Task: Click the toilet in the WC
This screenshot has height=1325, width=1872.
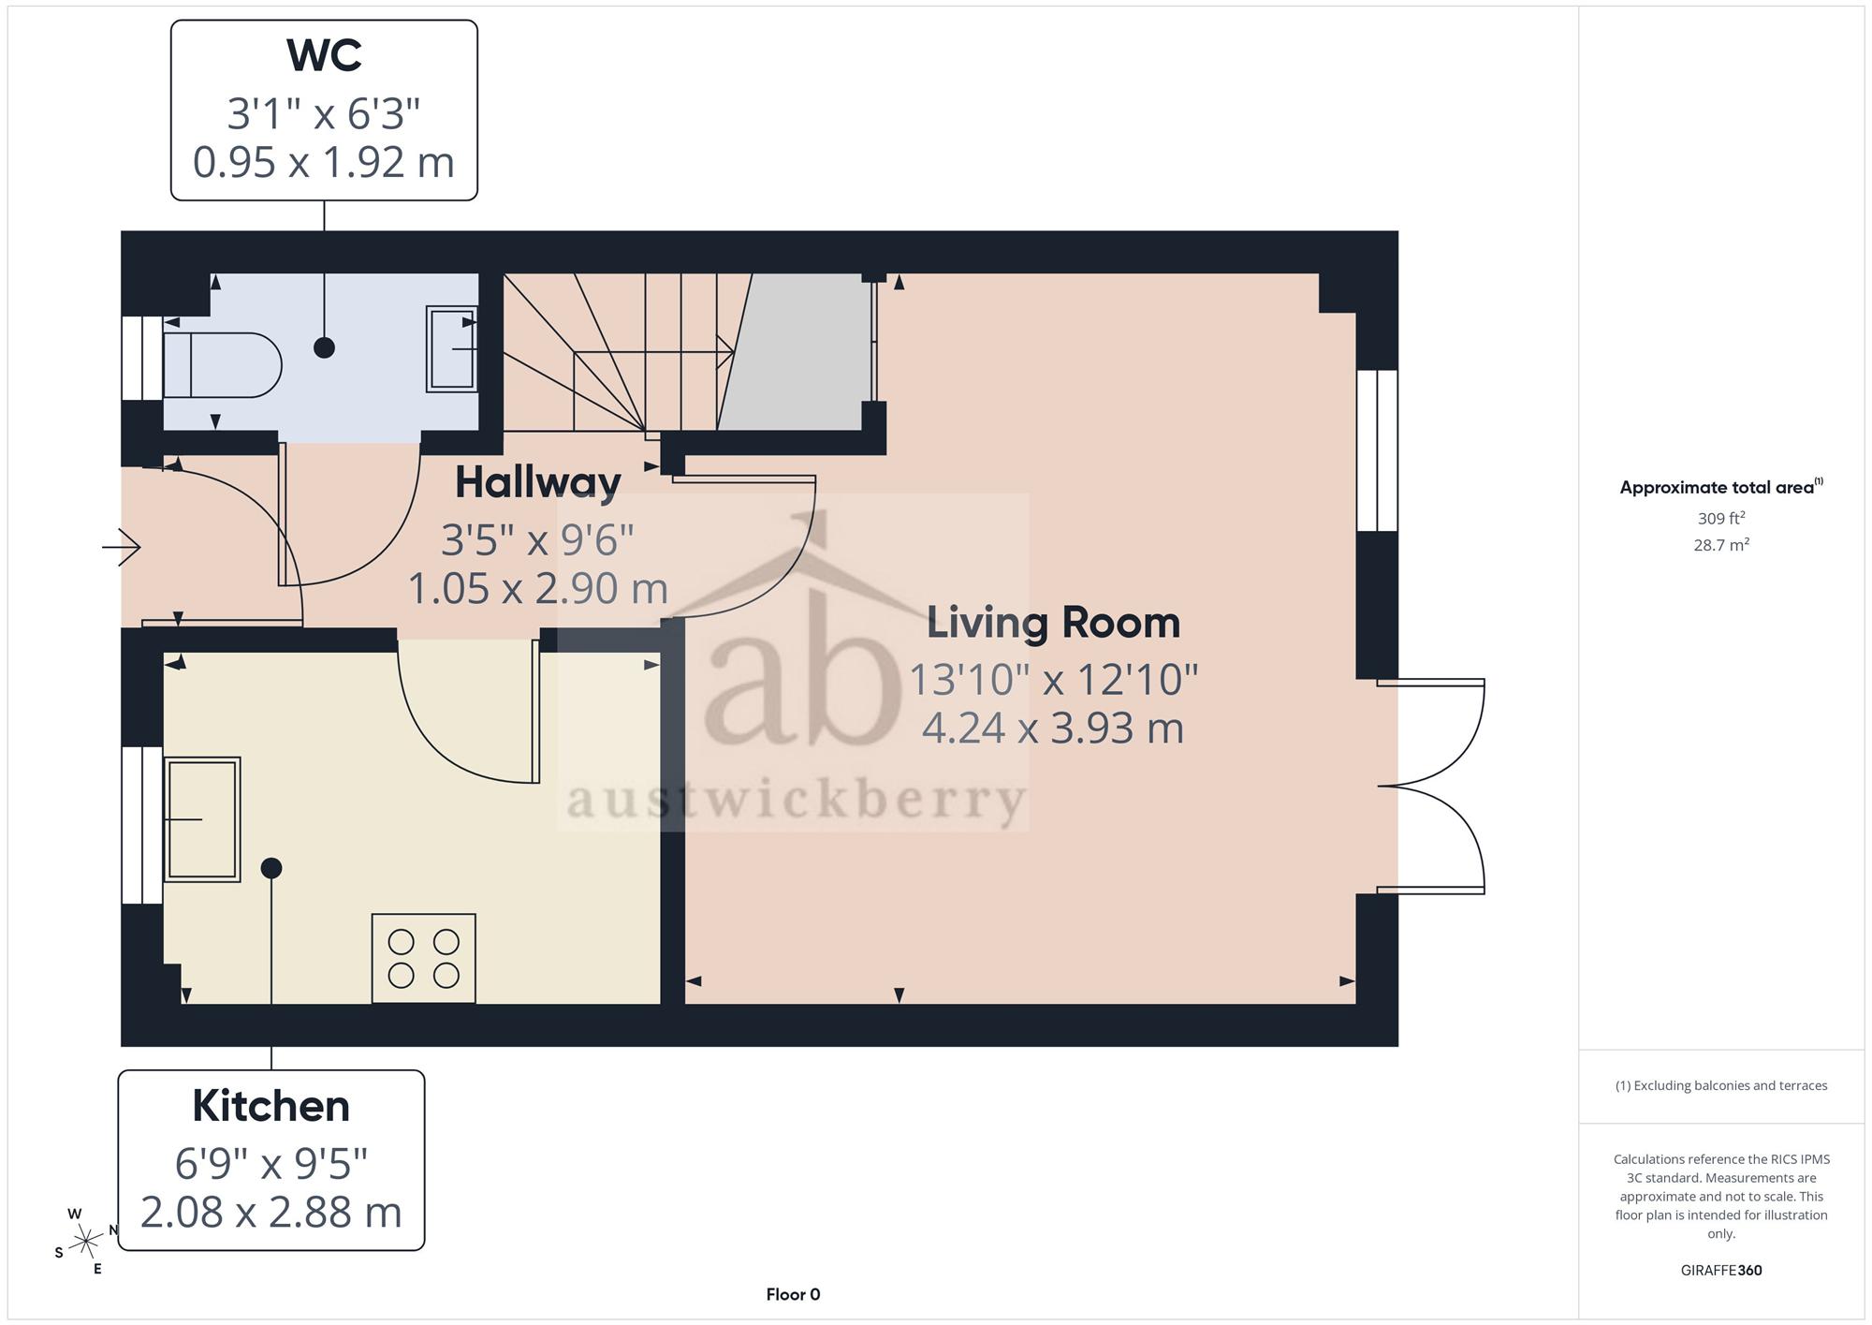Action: tap(223, 365)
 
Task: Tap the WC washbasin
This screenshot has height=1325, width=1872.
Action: tap(452, 348)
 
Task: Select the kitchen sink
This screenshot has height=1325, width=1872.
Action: tap(202, 819)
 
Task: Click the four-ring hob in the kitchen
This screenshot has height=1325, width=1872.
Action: tap(424, 958)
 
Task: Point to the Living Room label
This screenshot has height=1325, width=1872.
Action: tap(1053, 623)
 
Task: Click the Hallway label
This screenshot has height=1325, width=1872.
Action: tap(538, 482)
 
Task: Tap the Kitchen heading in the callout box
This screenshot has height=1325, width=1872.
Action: tap(271, 1106)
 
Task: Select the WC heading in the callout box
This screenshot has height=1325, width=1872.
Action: tap(324, 55)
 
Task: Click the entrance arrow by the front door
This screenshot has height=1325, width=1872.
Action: tap(122, 547)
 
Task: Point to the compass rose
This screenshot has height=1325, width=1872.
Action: tap(86, 1242)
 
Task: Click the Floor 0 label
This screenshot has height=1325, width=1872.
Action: tap(793, 1295)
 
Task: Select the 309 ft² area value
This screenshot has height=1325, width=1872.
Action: tap(1721, 518)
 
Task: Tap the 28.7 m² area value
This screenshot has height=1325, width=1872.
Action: tap(1721, 544)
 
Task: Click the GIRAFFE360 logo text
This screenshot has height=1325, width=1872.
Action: tap(1721, 1271)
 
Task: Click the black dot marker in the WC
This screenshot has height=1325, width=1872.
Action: tap(324, 347)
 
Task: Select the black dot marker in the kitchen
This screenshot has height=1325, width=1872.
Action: tap(271, 868)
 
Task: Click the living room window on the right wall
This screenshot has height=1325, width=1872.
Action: tap(1377, 450)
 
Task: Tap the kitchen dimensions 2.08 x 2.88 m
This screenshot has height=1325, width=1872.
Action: tap(271, 1213)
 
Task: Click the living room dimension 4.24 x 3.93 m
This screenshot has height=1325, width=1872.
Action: tap(1053, 728)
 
